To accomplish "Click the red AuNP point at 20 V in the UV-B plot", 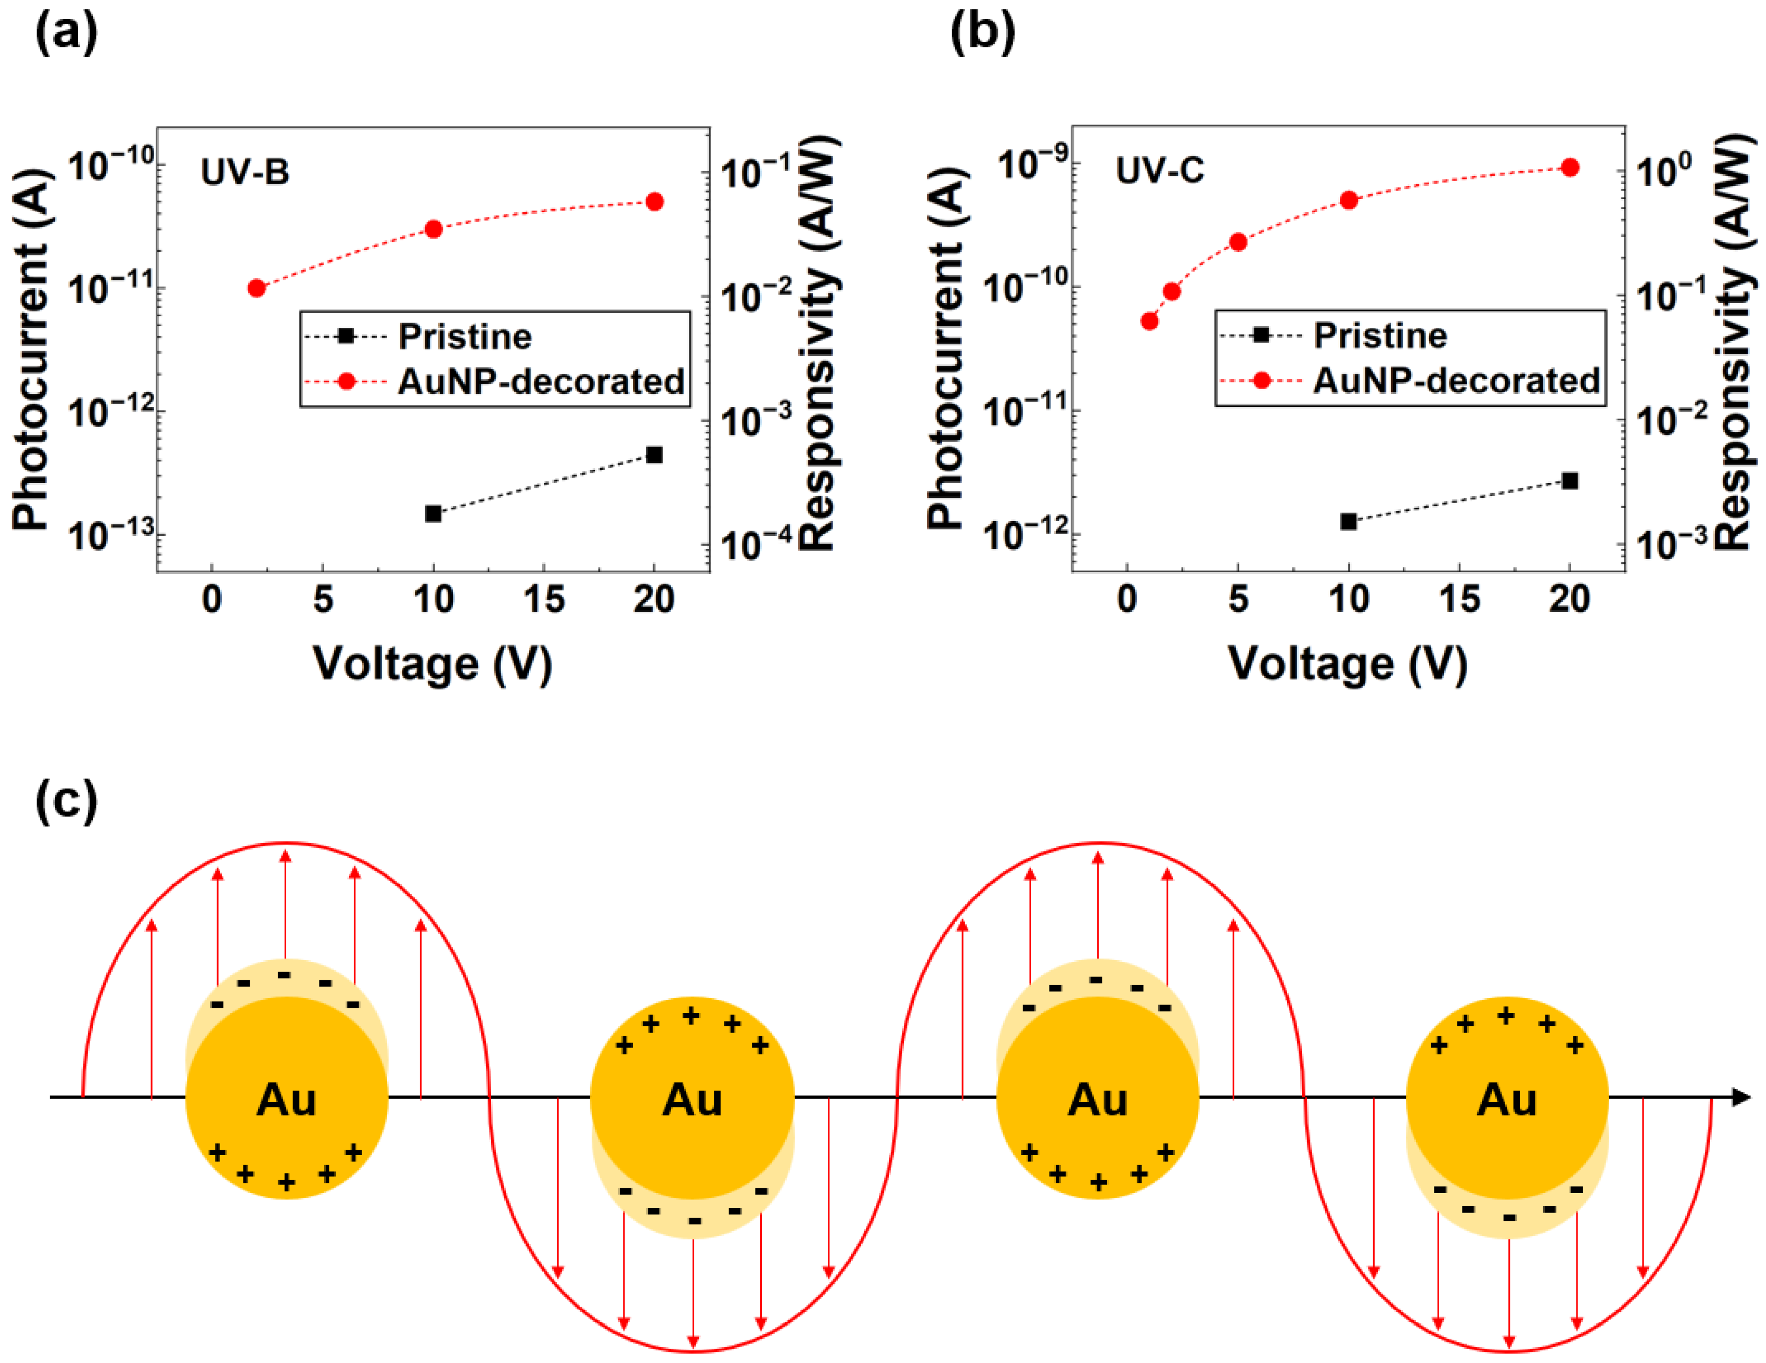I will click(655, 201).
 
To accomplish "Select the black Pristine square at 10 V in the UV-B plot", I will click(433, 513).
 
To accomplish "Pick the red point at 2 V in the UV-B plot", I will click(257, 288).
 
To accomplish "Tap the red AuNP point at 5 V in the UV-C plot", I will click(1238, 242).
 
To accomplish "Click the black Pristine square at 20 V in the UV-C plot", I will click(1570, 481).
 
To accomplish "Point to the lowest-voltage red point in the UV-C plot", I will click(1149, 321).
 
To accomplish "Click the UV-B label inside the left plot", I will click(245, 172).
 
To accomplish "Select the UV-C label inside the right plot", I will click(1159, 171).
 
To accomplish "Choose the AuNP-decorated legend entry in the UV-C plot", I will click(1456, 380).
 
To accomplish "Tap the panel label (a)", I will click(67, 34).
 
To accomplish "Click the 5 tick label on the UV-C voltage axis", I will click(1238, 599).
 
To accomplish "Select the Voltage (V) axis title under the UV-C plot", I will click(1348, 665).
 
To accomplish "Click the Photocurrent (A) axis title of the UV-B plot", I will click(31, 349).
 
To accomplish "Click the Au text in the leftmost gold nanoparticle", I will click(286, 1100).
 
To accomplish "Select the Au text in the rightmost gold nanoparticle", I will click(1507, 1100).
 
